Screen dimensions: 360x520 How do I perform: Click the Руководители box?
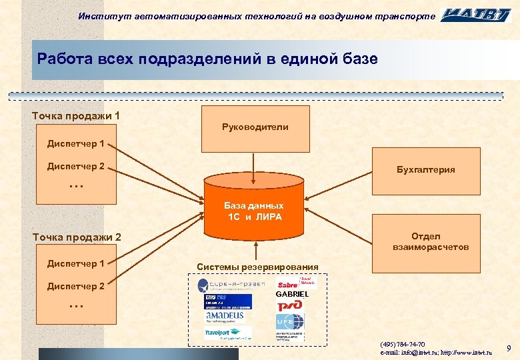(x=255, y=128)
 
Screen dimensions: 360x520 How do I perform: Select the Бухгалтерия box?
(x=425, y=169)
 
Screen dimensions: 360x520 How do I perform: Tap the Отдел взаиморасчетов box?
(x=425, y=241)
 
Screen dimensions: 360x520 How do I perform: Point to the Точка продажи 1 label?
(x=76, y=116)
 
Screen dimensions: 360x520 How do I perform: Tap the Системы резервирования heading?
(x=257, y=267)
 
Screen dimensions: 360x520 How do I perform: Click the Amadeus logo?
(x=225, y=317)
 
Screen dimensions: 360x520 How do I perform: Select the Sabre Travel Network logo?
(x=291, y=284)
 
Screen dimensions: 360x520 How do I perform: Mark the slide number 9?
(x=508, y=348)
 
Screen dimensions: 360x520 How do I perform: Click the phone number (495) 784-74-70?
(x=402, y=343)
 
